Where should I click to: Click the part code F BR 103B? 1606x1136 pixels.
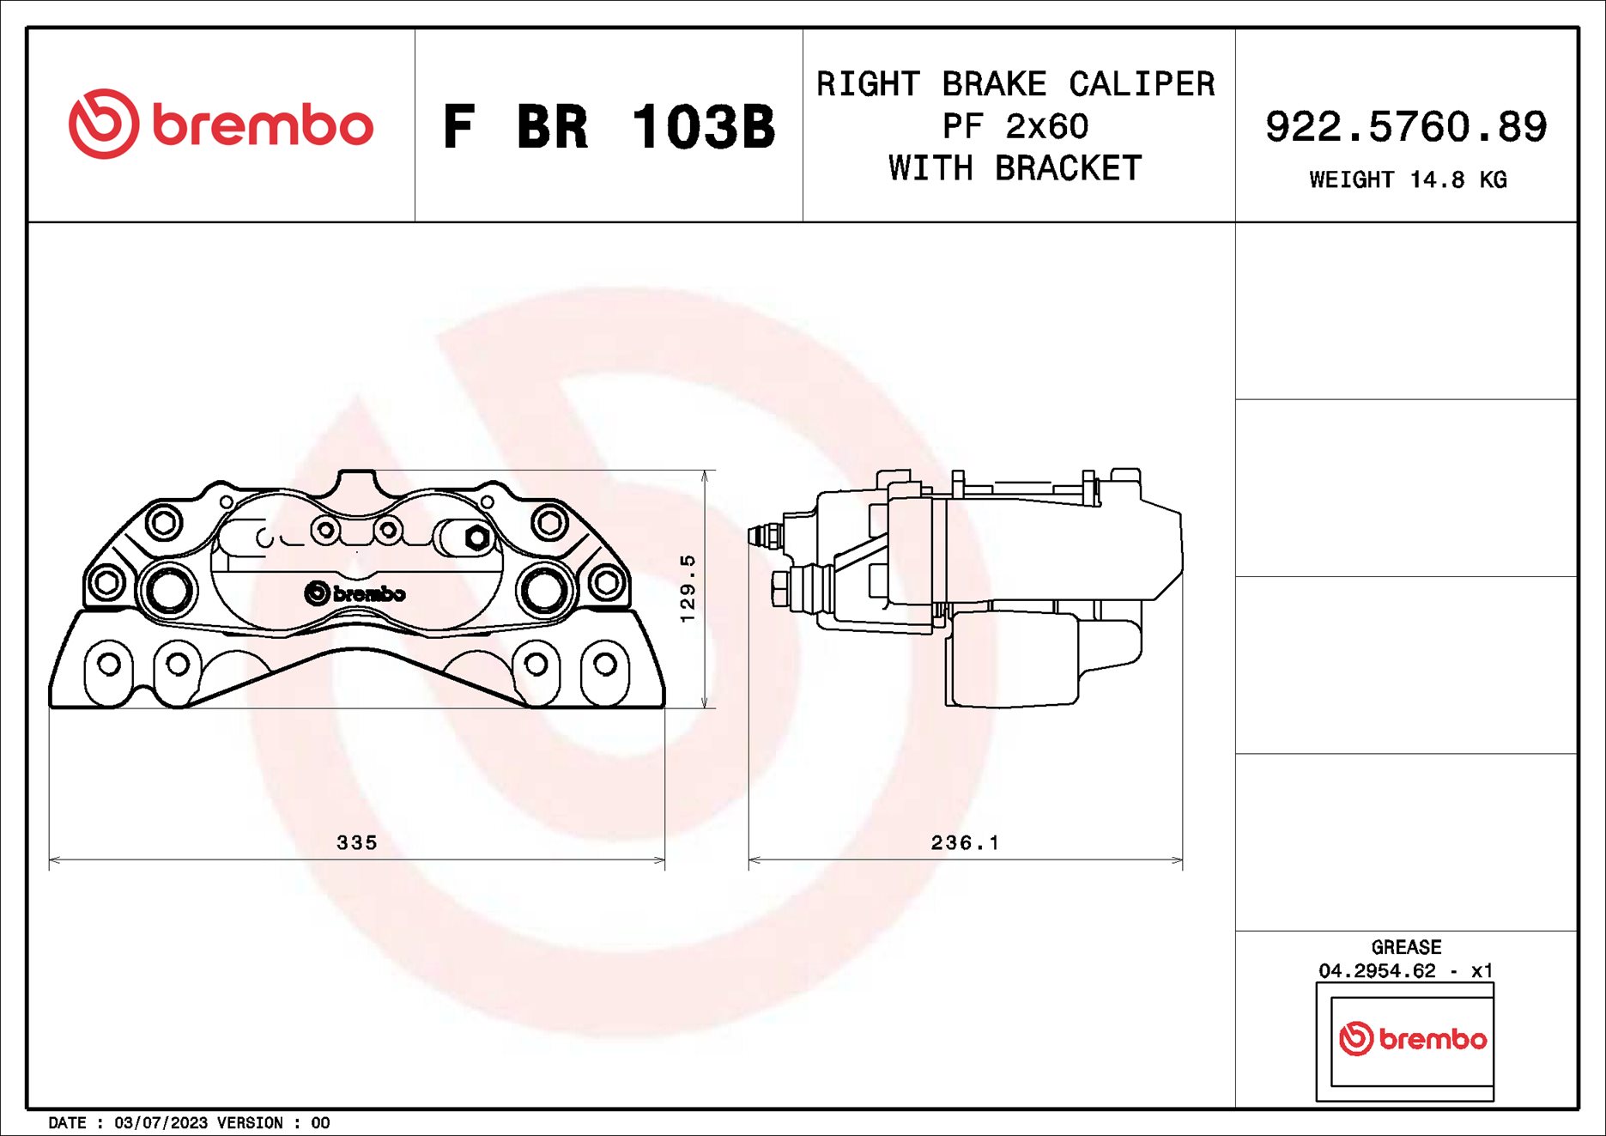click(x=609, y=127)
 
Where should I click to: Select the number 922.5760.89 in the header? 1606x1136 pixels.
click(x=1405, y=127)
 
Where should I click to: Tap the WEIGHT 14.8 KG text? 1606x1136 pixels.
click(x=1407, y=179)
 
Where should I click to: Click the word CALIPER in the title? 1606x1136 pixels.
click(x=1141, y=84)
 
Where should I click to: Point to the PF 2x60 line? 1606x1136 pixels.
click(x=1015, y=127)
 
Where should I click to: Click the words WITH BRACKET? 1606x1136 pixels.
click(x=1015, y=168)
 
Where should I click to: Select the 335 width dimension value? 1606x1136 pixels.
click(x=356, y=842)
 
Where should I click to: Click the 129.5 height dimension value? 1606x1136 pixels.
click(x=687, y=588)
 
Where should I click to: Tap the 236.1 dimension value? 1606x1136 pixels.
click(x=965, y=842)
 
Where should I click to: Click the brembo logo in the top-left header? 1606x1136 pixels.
click(x=221, y=125)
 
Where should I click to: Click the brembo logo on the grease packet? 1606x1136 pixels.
click(x=1412, y=1039)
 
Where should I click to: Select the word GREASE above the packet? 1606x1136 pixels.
click(x=1406, y=947)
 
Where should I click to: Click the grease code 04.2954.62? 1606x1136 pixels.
click(x=1377, y=970)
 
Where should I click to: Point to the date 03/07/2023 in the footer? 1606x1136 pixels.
click(x=161, y=1122)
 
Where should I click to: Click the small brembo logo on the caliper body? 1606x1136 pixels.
click(x=355, y=593)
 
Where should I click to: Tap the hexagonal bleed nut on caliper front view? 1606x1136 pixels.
click(x=477, y=538)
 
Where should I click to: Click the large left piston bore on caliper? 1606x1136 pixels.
click(x=168, y=590)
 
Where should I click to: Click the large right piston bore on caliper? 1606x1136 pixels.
click(x=543, y=590)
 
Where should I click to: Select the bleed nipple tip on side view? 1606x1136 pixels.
click(x=756, y=537)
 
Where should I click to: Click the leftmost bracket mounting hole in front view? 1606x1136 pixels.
click(x=109, y=664)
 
